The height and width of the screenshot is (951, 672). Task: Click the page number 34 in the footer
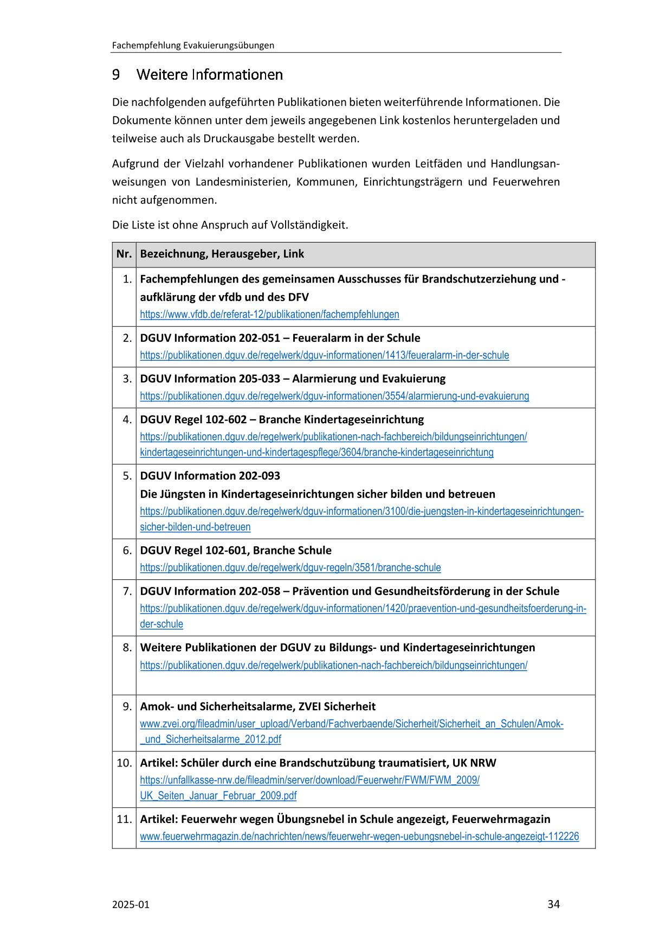553,904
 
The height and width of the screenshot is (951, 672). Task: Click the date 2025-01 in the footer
131,904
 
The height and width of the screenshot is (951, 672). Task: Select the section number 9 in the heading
116,74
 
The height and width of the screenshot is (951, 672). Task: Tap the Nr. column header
124,254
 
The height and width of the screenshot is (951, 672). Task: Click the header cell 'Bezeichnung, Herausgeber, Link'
222,254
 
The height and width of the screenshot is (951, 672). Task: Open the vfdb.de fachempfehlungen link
269,314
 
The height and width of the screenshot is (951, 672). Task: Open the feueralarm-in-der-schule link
324,355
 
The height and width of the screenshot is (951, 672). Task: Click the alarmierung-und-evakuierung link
334,396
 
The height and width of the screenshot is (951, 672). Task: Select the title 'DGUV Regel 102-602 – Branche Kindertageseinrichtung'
282,419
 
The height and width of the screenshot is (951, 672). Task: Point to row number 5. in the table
127,476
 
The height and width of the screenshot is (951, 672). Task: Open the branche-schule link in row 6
290,567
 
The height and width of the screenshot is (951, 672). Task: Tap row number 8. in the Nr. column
127,648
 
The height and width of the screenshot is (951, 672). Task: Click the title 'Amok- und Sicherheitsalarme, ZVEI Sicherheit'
257,706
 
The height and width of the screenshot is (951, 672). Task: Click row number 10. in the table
125,763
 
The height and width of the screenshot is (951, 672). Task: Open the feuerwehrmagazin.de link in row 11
359,837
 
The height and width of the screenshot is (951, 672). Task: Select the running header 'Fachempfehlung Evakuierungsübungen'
193,46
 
